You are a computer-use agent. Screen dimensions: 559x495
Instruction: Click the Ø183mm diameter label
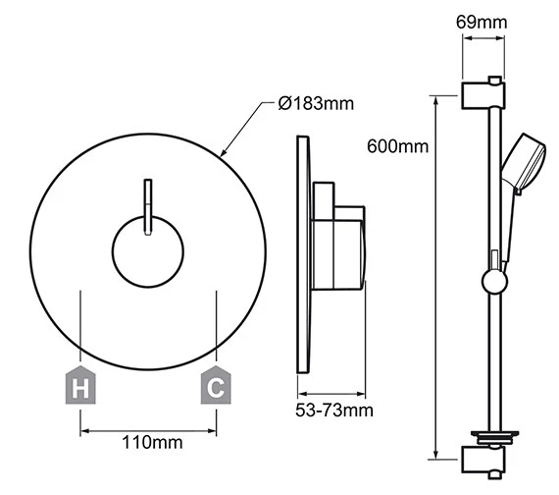[x=316, y=103]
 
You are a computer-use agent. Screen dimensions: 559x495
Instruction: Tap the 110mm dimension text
[x=152, y=442]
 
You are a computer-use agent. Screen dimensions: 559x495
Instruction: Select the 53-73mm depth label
[x=334, y=410]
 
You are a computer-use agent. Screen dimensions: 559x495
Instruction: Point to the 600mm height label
[x=397, y=146]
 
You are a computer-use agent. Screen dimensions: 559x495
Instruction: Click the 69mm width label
[x=482, y=23]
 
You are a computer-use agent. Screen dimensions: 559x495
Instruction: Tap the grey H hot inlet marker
[x=80, y=385]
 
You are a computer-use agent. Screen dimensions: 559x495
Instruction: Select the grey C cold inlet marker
[x=216, y=385]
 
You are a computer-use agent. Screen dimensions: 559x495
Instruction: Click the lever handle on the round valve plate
[x=148, y=207]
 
